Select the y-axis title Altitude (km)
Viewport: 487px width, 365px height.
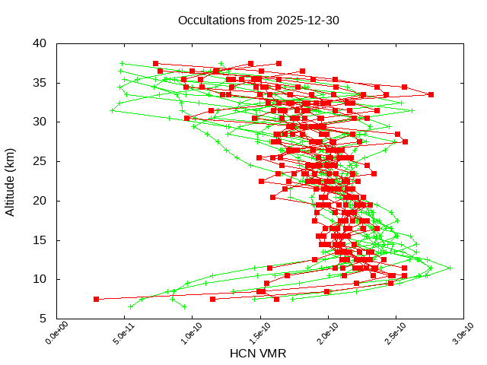(x=11, y=180)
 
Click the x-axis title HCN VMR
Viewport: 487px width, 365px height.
(x=258, y=353)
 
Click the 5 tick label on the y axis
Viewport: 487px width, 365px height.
(x=44, y=319)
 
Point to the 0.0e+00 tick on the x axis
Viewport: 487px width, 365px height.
(x=48, y=335)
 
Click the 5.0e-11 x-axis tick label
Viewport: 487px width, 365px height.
(x=116, y=335)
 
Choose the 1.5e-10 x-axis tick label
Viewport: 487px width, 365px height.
(x=251, y=335)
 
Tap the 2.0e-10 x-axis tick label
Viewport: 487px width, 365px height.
(x=319, y=335)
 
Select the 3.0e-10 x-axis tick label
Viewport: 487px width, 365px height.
(x=454, y=335)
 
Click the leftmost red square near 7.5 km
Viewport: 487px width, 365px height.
(x=96, y=299)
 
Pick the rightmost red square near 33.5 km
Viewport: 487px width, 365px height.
(x=431, y=94)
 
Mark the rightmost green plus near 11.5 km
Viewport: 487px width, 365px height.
(x=450, y=268)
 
